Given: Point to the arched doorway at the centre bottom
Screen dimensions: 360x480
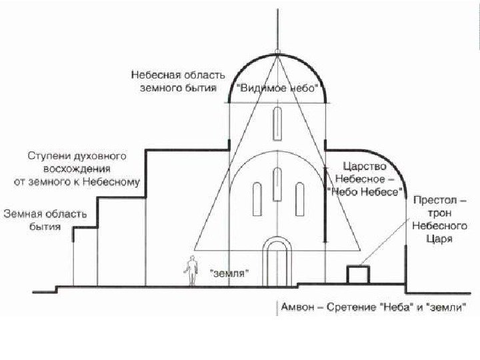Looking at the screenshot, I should [x=277, y=263].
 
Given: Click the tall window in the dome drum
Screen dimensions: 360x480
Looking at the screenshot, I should [x=277, y=121].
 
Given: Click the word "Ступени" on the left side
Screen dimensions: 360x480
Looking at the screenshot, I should [x=49, y=156].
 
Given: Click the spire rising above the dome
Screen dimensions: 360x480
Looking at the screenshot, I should [x=277, y=30].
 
